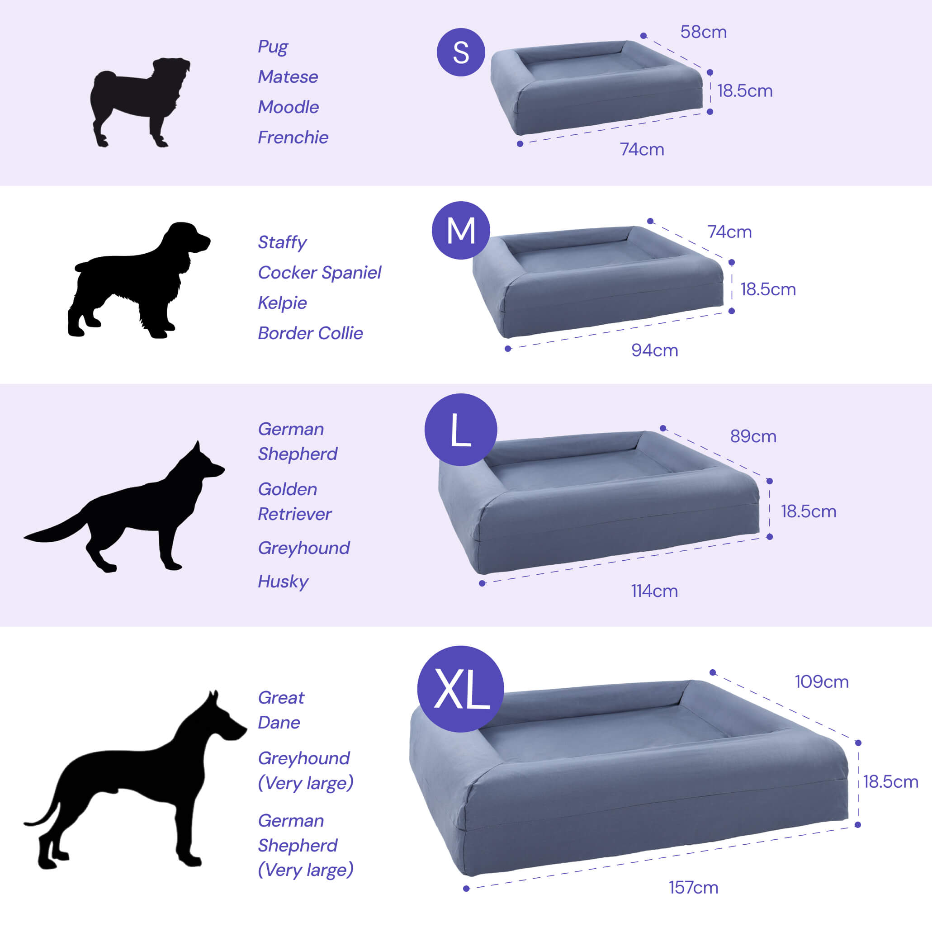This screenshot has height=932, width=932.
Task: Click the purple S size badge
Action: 461,52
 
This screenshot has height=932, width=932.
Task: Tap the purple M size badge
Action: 461,230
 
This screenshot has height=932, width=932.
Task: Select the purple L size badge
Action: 461,429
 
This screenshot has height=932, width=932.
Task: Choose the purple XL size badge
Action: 461,689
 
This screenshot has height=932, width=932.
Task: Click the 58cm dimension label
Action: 703,32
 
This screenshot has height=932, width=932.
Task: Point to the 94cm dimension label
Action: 655,350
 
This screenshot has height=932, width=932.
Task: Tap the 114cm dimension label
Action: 654,591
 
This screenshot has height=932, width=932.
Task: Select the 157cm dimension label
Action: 693,888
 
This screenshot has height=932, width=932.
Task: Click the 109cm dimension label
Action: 822,681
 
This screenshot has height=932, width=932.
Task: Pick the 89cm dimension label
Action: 753,436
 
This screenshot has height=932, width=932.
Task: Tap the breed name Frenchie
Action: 293,137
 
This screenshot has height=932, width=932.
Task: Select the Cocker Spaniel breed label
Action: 319,273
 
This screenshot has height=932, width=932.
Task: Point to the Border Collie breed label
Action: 310,333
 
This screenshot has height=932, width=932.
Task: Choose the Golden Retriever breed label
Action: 294,501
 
